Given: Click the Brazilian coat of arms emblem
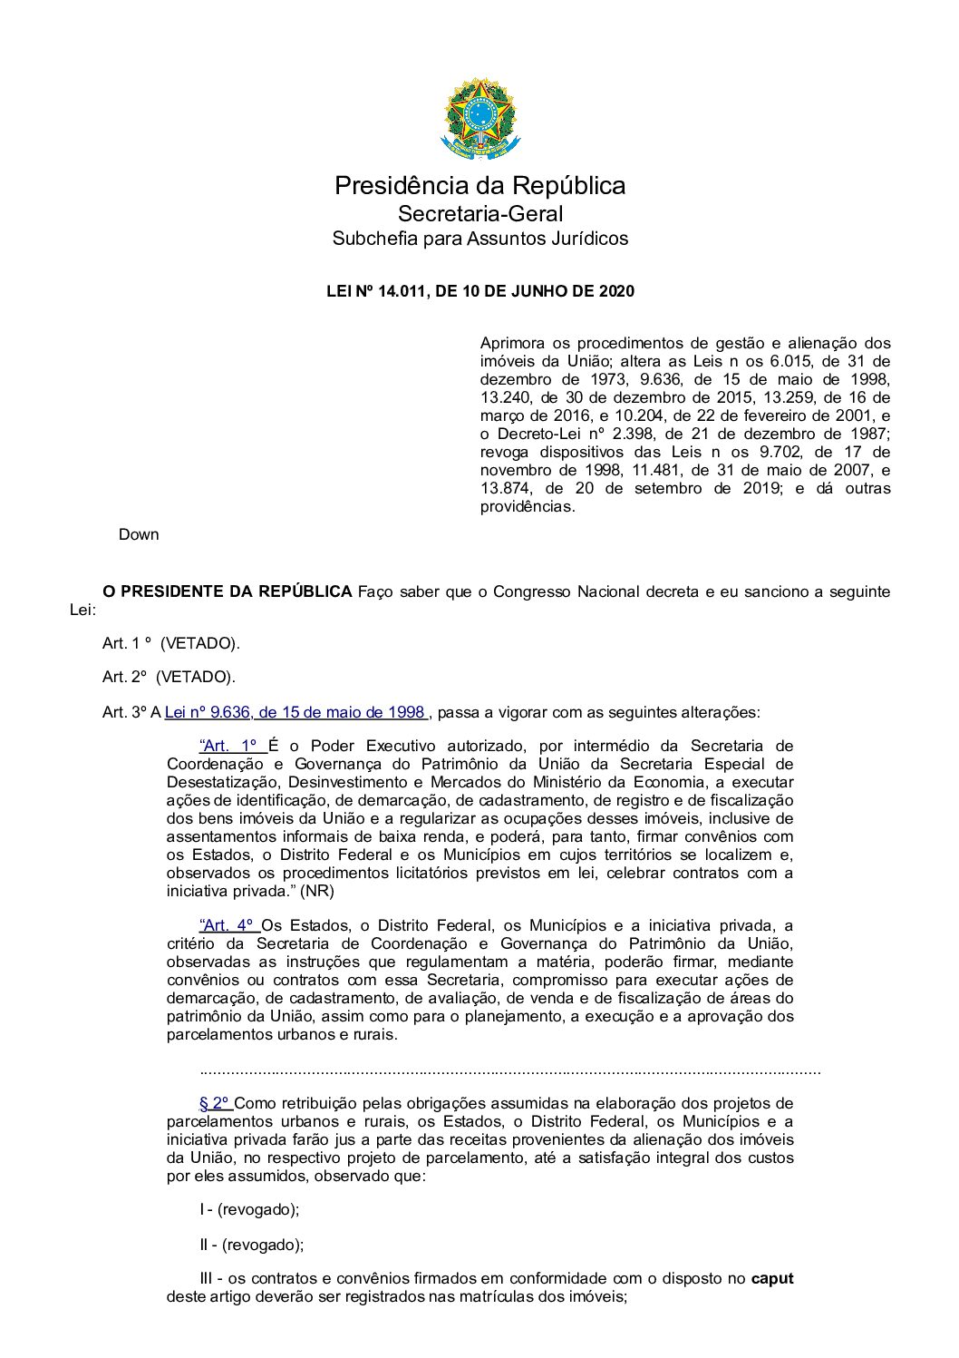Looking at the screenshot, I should click(479, 119).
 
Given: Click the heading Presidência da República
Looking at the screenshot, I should click(479, 186).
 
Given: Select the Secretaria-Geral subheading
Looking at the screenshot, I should click(479, 214).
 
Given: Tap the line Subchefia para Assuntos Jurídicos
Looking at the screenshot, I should click(479, 239).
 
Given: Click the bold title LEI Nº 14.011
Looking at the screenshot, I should click(479, 291).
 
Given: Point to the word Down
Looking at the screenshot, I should click(139, 534).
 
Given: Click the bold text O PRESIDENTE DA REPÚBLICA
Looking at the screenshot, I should click(227, 591).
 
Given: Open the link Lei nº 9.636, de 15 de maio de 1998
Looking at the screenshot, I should click(295, 712).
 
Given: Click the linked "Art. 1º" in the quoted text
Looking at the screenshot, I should click(232, 746).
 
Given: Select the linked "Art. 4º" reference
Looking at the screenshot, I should click(229, 925).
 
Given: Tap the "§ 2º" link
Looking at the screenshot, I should click(216, 1103).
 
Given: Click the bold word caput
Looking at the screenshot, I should click(771, 1278).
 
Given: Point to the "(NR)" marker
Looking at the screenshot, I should click(317, 891).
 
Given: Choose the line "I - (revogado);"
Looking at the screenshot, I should click(249, 1209).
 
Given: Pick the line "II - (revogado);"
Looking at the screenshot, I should click(252, 1245).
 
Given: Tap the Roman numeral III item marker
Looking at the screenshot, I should click(207, 1278).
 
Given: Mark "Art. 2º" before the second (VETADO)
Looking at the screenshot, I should click(125, 677).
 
